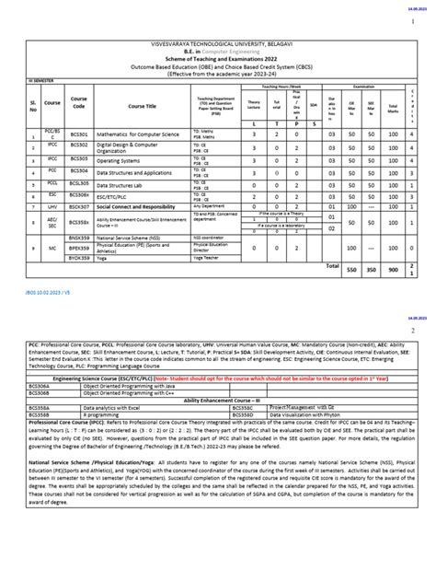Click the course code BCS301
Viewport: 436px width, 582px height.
point(78,134)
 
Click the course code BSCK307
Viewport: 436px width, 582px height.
point(79,207)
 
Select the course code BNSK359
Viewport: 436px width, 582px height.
point(79,236)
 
